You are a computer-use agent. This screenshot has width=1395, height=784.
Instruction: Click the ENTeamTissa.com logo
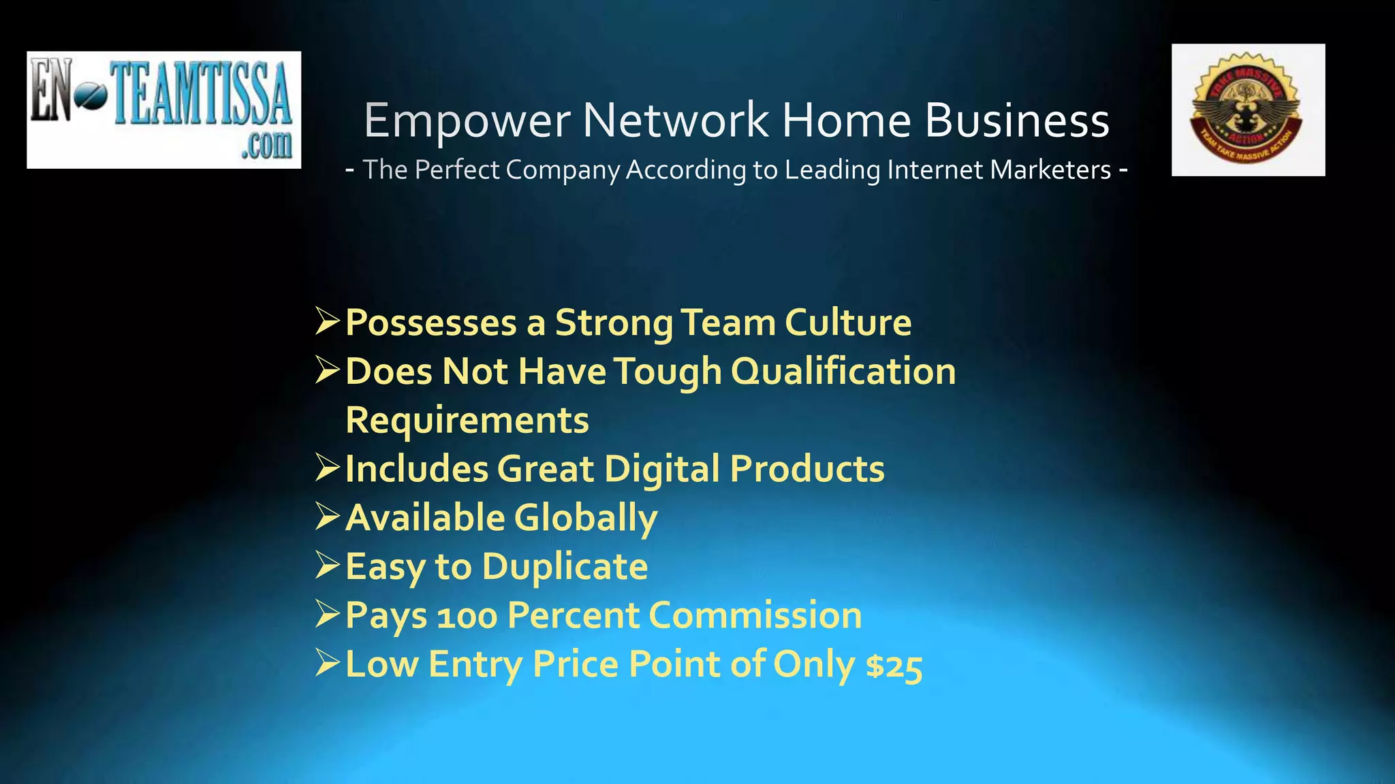(x=163, y=110)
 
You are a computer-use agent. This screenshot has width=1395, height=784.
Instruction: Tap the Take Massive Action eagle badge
(x=1248, y=110)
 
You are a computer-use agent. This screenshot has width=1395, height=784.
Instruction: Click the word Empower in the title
(x=467, y=120)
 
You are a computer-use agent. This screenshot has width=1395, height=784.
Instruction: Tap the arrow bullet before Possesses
(x=328, y=321)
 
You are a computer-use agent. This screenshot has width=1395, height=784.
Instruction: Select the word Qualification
(x=843, y=372)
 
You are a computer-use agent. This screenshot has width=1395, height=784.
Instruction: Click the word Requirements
(x=467, y=420)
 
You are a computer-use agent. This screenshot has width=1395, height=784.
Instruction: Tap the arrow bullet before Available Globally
(x=328, y=517)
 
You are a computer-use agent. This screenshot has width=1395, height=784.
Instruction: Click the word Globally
(x=586, y=518)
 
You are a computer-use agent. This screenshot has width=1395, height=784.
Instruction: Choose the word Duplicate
(x=565, y=566)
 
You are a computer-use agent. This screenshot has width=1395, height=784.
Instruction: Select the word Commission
(x=755, y=615)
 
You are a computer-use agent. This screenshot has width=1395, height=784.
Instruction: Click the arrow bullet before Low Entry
(x=328, y=664)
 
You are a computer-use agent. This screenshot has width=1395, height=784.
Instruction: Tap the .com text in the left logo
(x=266, y=144)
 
